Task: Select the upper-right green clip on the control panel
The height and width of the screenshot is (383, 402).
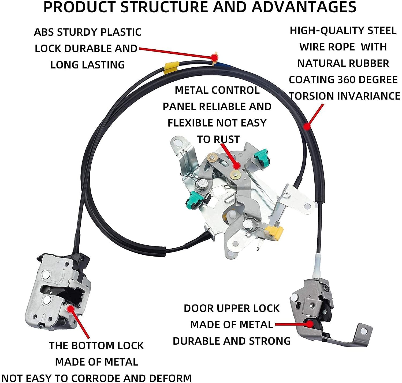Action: click(x=262, y=158)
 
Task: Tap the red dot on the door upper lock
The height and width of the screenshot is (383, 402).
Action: click(x=310, y=324)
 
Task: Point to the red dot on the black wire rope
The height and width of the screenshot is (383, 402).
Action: click(x=307, y=126)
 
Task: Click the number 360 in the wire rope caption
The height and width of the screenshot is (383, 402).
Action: click(x=344, y=80)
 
